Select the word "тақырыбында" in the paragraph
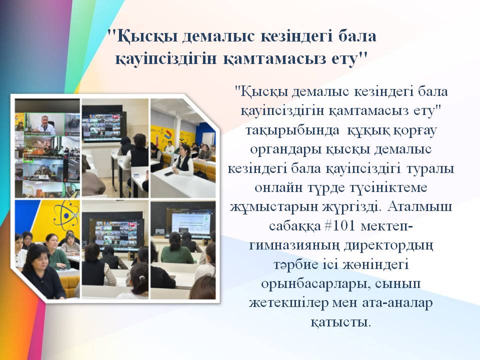point(292,130)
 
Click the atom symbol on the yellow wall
point(66,215)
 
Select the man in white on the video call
point(44,125)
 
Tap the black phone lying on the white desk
point(168,174)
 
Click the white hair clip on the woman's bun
point(141,278)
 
